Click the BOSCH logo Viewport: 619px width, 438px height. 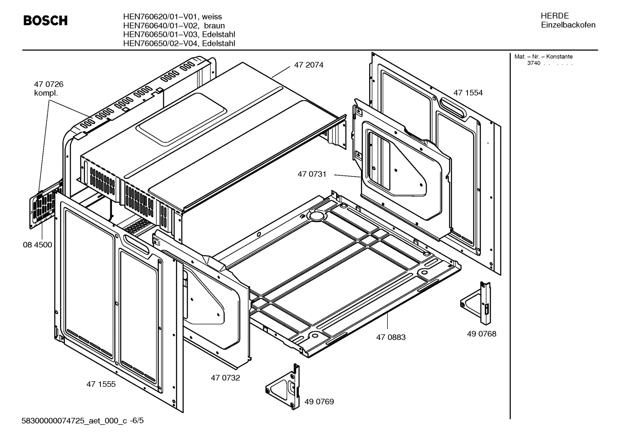click(x=45, y=21)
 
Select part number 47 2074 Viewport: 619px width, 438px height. click(x=308, y=65)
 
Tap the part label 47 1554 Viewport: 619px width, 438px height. click(x=468, y=93)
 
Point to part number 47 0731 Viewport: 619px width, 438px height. click(x=312, y=174)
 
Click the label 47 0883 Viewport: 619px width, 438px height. click(x=391, y=337)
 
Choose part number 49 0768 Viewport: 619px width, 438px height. click(x=481, y=334)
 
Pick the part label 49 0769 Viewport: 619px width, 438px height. click(x=319, y=402)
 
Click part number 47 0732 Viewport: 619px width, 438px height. click(x=225, y=378)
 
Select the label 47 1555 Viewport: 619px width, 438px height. click(x=101, y=384)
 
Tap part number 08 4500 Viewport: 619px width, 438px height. click(x=37, y=245)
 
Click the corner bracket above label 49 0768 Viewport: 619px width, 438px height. click(x=476, y=303)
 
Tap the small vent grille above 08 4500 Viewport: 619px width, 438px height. click(x=43, y=208)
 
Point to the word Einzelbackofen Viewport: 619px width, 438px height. click(x=568, y=25)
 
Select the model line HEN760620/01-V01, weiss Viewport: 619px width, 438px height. click(x=172, y=17)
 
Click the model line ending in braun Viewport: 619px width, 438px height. click(x=173, y=26)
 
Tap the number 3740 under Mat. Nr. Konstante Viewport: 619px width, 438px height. click(x=533, y=63)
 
